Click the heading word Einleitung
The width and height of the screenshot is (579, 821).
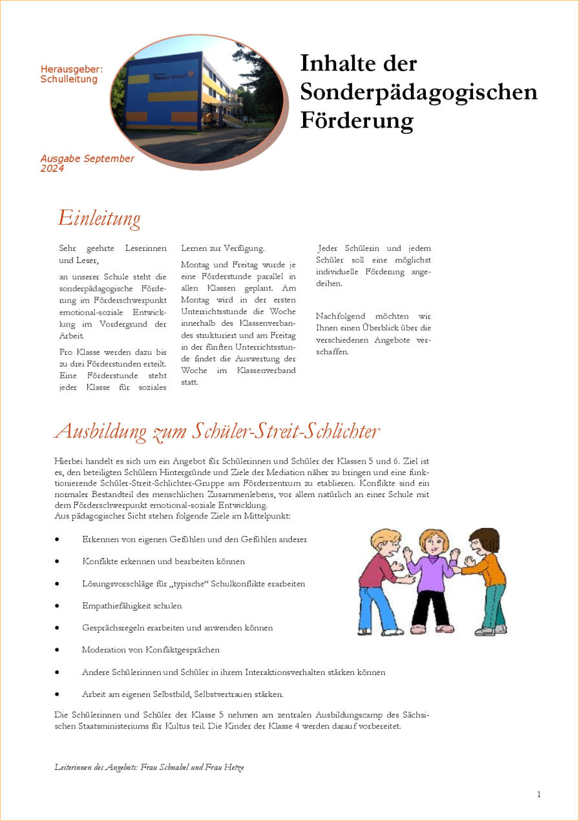pyautogui.click(x=99, y=218)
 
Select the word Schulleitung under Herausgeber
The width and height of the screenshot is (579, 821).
pyautogui.click(x=69, y=80)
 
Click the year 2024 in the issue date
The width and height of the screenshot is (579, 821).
pyautogui.click(x=52, y=169)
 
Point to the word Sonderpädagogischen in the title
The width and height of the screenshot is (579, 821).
pyautogui.click(x=418, y=92)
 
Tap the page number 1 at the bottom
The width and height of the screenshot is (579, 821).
pyautogui.click(x=539, y=794)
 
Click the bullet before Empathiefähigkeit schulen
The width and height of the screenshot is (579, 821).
pyautogui.click(x=58, y=606)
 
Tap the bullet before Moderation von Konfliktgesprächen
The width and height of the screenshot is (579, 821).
pyautogui.click(x=58, y=650)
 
